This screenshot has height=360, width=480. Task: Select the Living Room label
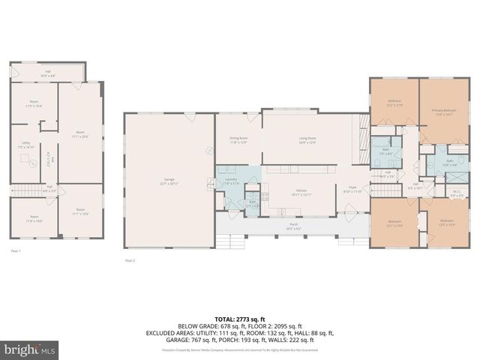(307, 140)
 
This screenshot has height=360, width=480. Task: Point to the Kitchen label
(301, 193)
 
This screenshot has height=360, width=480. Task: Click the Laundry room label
(231, 181)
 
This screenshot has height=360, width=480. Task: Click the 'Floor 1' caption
(16, 250)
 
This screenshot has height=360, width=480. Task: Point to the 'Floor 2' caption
(130, 260)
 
